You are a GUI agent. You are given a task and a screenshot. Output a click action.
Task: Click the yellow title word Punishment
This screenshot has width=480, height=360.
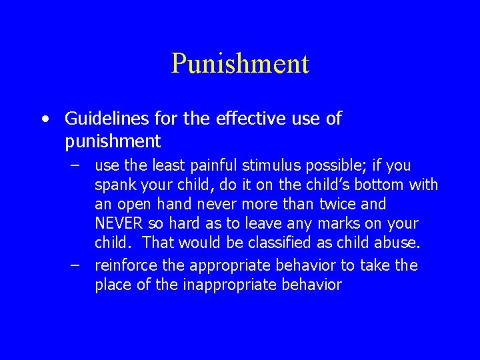240,64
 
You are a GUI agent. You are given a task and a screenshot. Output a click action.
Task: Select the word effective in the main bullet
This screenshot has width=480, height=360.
239,119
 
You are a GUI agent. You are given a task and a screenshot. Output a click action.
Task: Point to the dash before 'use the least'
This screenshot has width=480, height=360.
77,165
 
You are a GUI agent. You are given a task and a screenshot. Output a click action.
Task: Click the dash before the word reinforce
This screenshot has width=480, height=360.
77,265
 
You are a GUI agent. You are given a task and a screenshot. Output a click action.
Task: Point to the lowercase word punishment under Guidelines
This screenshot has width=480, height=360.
113,141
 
